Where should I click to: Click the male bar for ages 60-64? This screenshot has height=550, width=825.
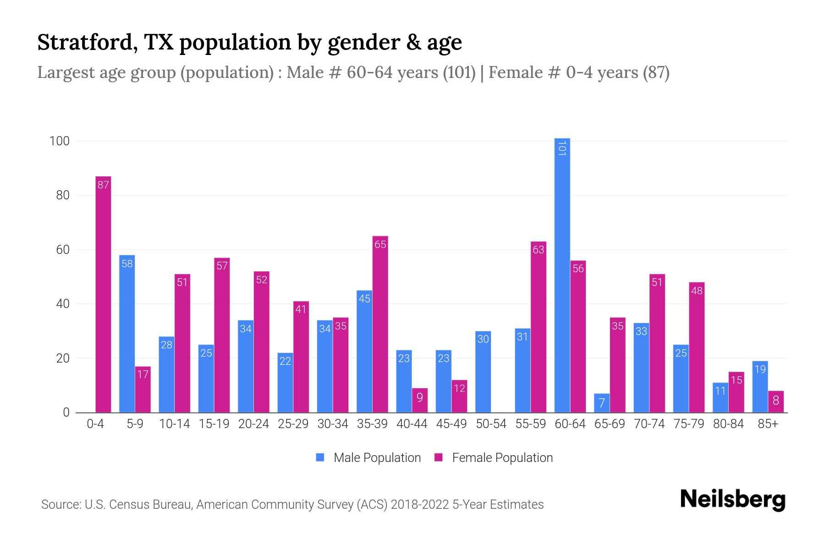(x=562, y=275)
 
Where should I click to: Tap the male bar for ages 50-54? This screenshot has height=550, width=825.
(x=483, y=372)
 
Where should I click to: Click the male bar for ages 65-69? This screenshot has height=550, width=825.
(x=602, y=403)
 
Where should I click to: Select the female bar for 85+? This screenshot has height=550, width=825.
(x=775, y=401)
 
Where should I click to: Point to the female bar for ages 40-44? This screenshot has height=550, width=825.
(x=419, y=400)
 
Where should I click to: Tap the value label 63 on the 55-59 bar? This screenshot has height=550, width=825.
(x=538, y=250)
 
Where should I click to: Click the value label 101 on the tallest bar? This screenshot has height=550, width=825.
(x=562, y=148)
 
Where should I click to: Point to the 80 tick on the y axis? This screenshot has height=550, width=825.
(x=63, y=195)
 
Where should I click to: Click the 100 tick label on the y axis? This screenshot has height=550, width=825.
(x=60, y=141)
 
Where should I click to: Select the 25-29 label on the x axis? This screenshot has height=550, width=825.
(x=293, y=424)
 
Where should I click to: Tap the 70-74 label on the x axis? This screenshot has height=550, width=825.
(x=649, y=424)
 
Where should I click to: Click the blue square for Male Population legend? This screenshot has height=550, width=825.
(x=320, y=457)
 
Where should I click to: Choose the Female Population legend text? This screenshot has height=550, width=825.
(x=502, y=457)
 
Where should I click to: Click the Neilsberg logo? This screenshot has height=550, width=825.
(x=732, y=500)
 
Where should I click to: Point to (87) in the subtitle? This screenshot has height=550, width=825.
(x=656, y=72)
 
